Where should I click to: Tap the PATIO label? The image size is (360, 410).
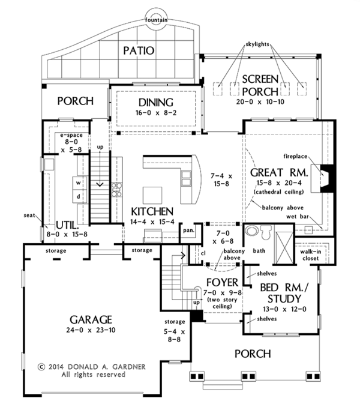(x=139, y=51)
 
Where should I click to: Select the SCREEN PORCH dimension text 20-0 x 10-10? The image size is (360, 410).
(x=260, y=102)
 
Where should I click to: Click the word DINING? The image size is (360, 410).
(x=156, y=102)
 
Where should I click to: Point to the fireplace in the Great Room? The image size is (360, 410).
(x=323, y=179)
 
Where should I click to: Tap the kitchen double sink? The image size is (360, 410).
(x=187, y=178)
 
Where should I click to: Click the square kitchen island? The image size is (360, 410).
(x=152, y=195)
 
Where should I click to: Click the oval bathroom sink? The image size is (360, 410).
(x=251, y=231)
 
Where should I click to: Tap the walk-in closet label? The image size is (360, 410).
(x=311, y=255)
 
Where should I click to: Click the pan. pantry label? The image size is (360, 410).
(x=189, y=231)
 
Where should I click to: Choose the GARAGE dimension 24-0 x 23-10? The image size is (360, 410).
(x=91, y=330)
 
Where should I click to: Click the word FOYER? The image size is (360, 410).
(x=222, y=282)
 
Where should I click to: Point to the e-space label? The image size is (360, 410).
(x=71, y=135)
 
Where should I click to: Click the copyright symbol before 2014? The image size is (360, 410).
(x=41, y=367)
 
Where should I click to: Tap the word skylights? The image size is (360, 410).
(x=257, y=44)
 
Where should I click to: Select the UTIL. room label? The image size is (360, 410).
(x=67, y=225)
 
